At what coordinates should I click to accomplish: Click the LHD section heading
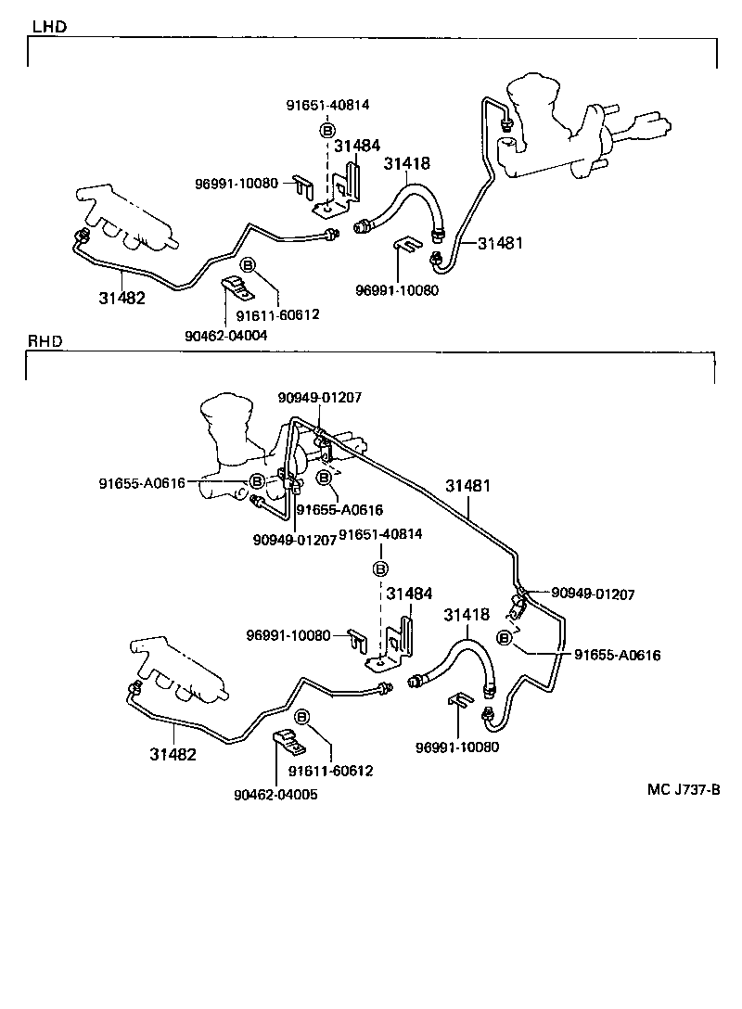48,27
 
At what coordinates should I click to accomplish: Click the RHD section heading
45,341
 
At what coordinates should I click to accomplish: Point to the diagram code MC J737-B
684,790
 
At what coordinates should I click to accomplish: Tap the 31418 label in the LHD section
407,164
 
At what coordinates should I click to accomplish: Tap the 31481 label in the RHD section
467,485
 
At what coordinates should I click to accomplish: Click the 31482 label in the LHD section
122,298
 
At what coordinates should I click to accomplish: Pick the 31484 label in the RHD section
409,594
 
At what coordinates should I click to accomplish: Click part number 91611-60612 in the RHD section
330,771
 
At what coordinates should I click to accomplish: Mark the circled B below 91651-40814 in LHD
326,131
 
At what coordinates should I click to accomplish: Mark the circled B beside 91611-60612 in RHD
301,717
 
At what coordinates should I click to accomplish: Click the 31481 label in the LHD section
501,244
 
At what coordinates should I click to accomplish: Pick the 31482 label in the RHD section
173,754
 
